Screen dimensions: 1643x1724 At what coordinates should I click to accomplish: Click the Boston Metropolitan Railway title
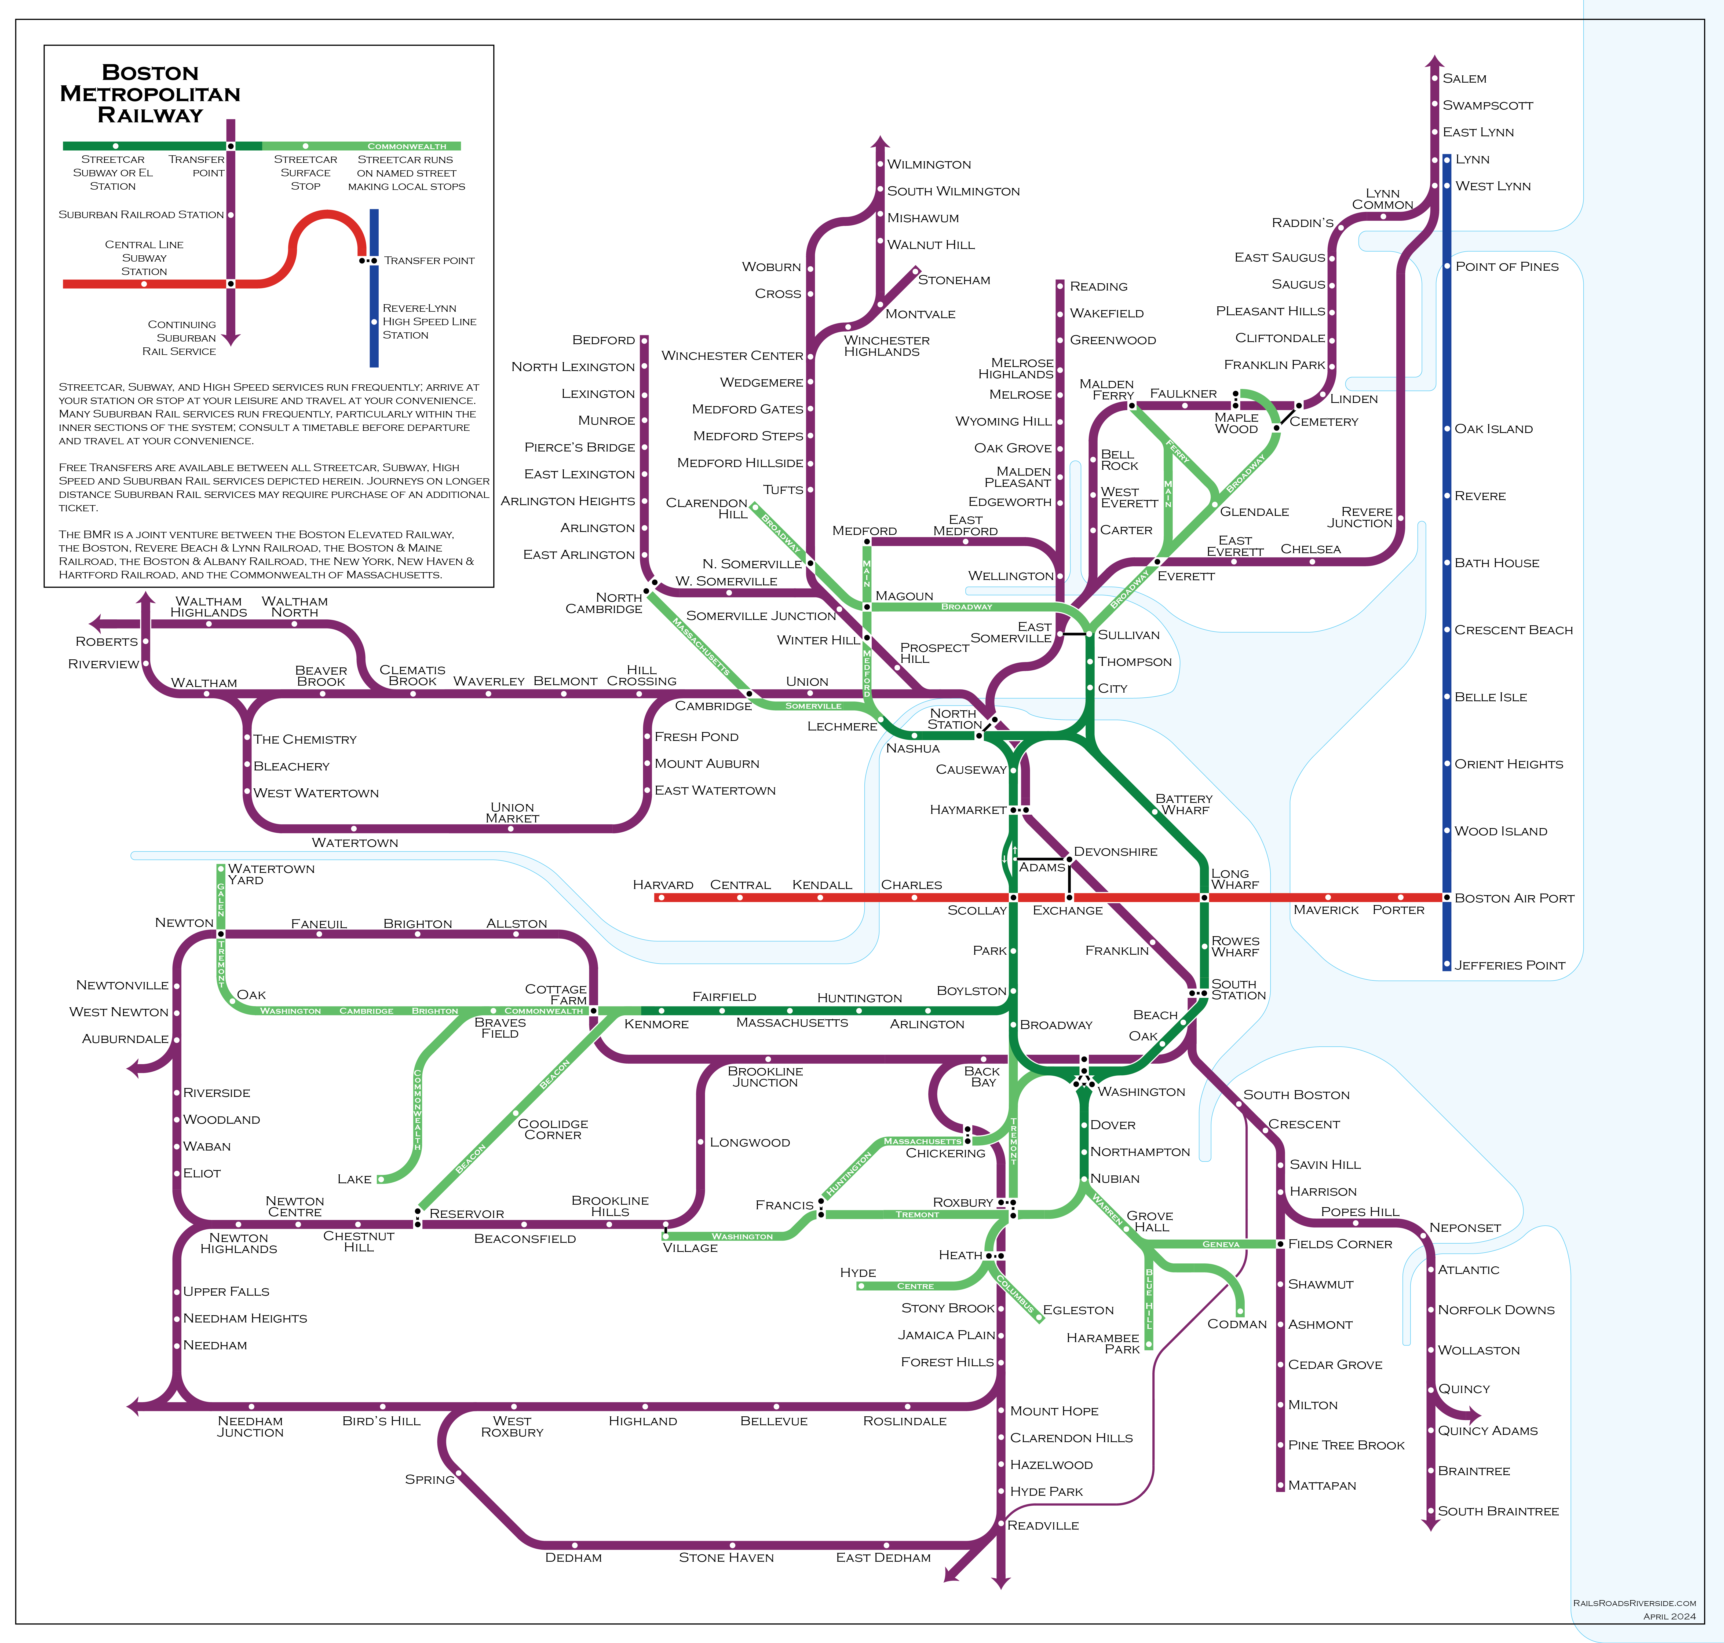click(x=150, y=94)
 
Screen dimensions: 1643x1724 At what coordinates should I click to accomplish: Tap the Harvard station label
click(x=663, y=885)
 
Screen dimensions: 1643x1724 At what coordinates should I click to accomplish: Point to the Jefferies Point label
click(x=1509, y=965)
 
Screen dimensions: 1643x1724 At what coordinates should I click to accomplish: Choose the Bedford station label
click(x=604, y=340)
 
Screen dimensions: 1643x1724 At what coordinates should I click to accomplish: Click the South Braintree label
click(x=1498, y=1511)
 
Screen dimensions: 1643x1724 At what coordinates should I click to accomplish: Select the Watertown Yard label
click(x=271, y=874)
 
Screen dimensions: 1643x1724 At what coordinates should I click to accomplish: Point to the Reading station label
click(x=1098, y=286)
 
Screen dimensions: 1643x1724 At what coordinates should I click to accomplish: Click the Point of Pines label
click(x=1507, y=266)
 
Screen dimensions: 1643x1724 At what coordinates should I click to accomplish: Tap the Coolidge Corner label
click(x=553, y=1129)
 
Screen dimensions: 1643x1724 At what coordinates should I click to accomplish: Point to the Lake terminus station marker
click(x=381, y=1180)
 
